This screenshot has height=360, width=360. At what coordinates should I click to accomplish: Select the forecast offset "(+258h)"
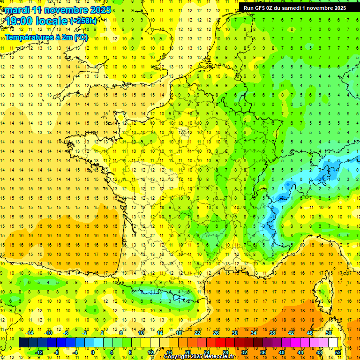click(x=83, y=21)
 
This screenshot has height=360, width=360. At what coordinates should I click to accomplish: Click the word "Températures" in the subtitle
click(x=30, y=37)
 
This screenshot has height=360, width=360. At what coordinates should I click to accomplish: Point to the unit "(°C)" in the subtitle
click(x=80, y=37)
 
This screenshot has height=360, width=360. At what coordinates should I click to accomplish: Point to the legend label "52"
click(x=338, y=352)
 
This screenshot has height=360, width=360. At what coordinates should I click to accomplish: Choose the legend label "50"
click(x=329, y=333)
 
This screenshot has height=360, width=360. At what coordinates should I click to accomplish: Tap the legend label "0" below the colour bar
click(x=92, y=352)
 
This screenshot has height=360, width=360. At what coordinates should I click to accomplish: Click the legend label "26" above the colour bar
click(x=216, y=333)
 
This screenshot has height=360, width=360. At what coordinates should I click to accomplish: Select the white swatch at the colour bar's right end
click(x=333, y=343)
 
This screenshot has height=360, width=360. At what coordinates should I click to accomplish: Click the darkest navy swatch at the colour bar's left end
click(x=23, y=343)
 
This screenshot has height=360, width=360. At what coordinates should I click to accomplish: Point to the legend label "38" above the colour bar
click(x=272, y=333)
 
